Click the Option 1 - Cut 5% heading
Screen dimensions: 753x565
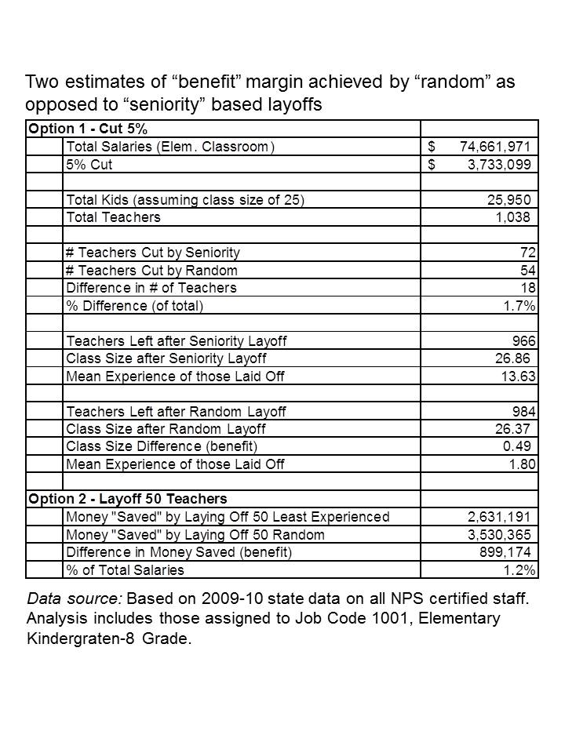[x=87, y=129]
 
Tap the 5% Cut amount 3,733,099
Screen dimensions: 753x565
[x=498, y=164]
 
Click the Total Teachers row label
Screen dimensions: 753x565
[x=113, y=216]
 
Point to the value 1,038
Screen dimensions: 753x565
[x=513, y=216]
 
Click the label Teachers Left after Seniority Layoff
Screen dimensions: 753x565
[x=177, y=340]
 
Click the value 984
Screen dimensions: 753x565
[x=523, y=411]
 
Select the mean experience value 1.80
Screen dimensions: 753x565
[x=522, y=464]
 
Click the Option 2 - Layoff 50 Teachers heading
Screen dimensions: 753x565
[x=127, y=499]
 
